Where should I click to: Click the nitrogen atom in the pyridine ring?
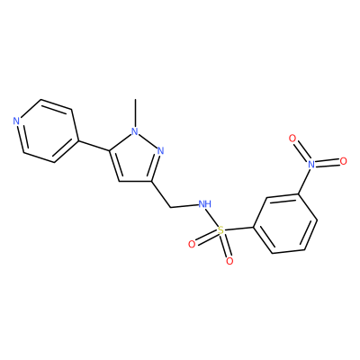(16, 121)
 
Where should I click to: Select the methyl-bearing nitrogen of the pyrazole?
(135, 131)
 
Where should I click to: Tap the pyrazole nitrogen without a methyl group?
(160, 150)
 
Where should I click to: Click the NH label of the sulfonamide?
(205, 204)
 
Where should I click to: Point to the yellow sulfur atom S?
(220, 230)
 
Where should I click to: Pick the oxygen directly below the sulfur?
(229, 261)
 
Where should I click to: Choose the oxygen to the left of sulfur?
(192, 244)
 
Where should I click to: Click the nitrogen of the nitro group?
(311, 164)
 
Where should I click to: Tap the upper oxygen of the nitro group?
(292, 139)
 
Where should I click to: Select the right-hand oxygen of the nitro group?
(343, 161)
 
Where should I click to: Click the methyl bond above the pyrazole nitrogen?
(136, 113)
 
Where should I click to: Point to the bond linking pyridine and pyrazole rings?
(94, 146)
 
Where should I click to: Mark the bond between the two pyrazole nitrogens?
(148, 141)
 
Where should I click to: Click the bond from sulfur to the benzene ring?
(238, 229)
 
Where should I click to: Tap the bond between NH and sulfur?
(213, 218)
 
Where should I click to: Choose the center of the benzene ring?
(285, 223)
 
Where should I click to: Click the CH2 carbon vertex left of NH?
(170, 207)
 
